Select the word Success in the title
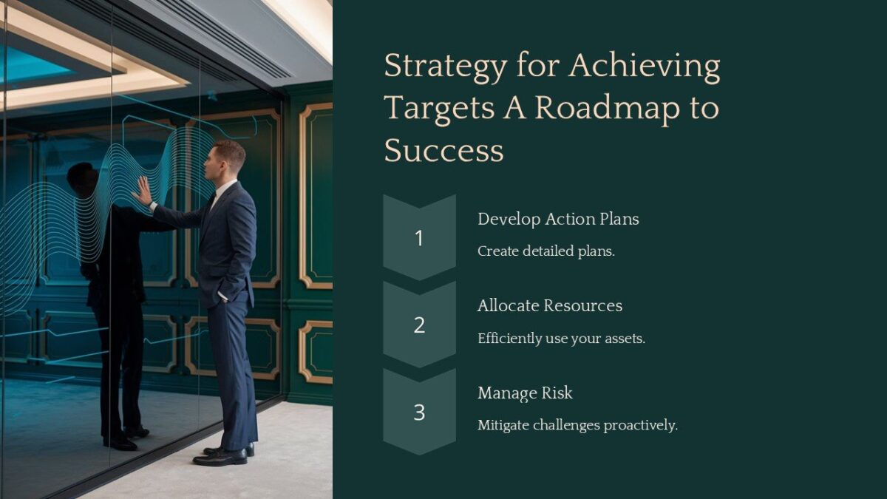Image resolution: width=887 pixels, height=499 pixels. (443, 151)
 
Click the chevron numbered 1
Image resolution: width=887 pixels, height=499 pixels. (419, 237)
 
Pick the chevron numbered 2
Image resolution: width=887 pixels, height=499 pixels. (419, 325)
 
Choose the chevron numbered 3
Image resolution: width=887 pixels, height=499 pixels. (419, 412)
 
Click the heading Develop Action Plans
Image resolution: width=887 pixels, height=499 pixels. (558, 220)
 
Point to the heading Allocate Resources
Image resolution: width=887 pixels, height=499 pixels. (550, 306)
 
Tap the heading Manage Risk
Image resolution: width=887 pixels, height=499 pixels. (525, 393)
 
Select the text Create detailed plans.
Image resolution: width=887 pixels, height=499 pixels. (546, 251)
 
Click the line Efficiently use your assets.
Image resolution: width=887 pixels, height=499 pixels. (561, 339)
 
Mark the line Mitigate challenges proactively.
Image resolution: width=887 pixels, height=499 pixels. (577, 426)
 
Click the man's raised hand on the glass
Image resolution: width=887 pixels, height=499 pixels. (142, 191)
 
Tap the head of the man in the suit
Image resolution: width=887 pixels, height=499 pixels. (228, 159)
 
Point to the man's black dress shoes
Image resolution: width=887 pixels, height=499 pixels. (222, 454)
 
